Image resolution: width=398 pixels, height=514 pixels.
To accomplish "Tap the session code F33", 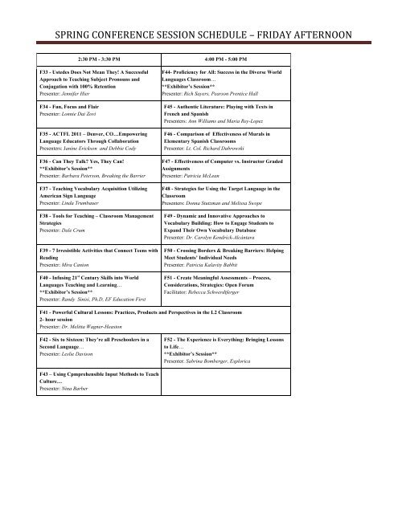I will (x=45, y=73).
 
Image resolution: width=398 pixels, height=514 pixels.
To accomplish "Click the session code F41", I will (x=45, y=332).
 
